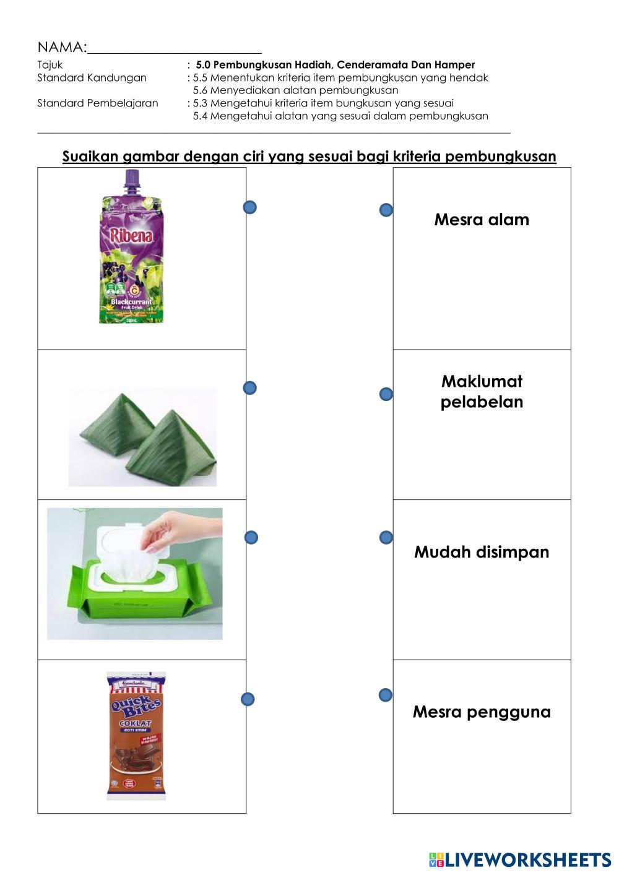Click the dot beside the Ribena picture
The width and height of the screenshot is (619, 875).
pyautogui.click(x=250, y=207)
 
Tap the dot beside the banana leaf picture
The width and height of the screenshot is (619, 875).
pyautogui.click(x=250, y=388)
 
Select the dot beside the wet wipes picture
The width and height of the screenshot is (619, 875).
pyautogui.click(x=251, y=538)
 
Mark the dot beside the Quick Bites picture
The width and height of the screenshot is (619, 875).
pyautogui.click(x=248, y=699)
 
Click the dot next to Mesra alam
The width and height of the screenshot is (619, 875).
pyautogui.click(x=386, y=210)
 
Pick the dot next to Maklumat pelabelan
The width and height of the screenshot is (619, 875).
pyautogui.click(x=386, y=394)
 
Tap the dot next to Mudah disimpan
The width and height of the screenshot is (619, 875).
pyautogui.click(x=386, y=538)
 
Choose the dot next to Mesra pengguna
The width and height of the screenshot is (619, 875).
pyautogui.click(x=385, y=695)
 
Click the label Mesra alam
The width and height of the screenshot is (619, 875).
pyautogui.click(x=482, y=220)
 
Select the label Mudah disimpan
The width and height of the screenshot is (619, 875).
pyautogui.click(x=482, y=552)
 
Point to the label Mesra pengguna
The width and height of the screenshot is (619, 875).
pyautogui.click(x=482, y=712)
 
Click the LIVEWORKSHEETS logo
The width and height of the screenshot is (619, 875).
pyautogui.click(x=520, y=860)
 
